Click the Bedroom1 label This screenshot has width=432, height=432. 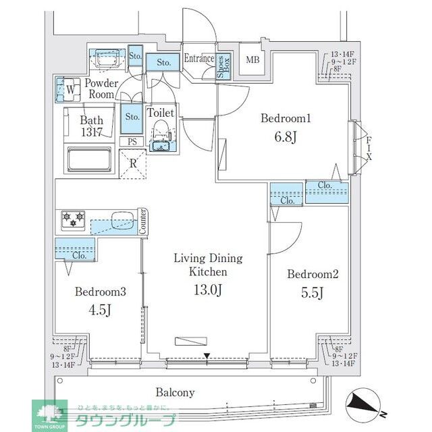(x=286, y=119)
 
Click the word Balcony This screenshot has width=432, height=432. (x=175, y=392)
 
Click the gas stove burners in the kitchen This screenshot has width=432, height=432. (x=72, y=218)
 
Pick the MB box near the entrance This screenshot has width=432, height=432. (x=252, y=60)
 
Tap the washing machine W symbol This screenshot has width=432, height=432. (x=70, y=87)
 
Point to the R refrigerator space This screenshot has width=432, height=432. (x=133, y=163)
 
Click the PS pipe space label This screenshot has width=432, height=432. (x=132, y=142)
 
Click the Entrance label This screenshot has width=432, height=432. (x=199, y=59)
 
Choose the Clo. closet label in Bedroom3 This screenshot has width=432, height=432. (x=78, y=256)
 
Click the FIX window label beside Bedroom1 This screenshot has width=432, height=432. (x=369, y=143)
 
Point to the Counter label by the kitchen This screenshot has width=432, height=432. (x=143, y=221)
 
